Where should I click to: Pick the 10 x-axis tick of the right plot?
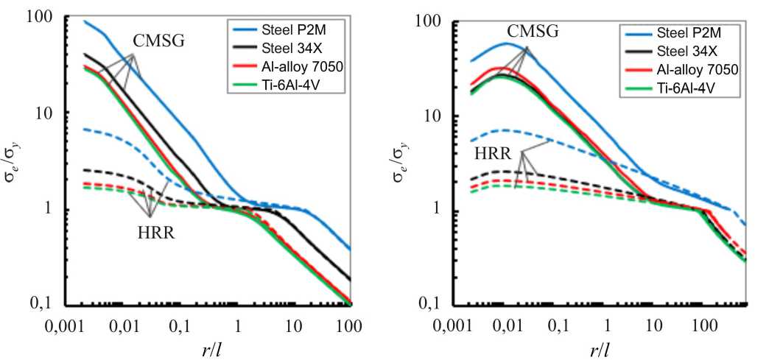[654, 324]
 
